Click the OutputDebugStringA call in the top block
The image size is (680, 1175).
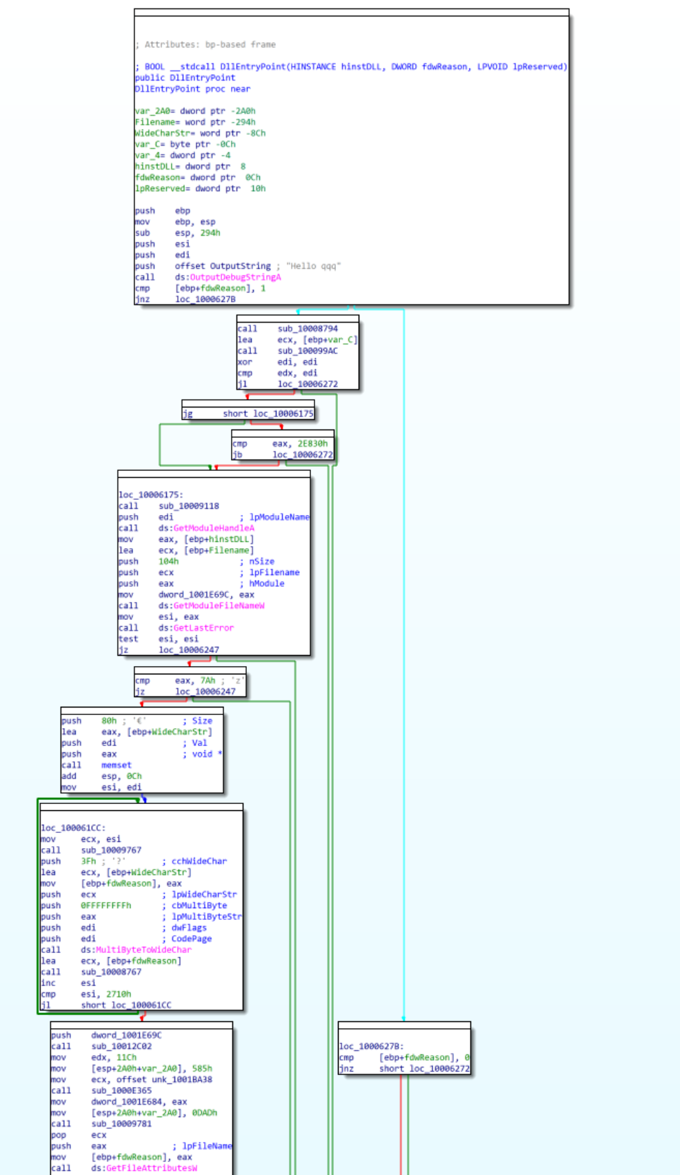pos(235,277)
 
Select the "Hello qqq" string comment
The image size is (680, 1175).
pos(313,266)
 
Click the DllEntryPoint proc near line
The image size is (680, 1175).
pos(192,89)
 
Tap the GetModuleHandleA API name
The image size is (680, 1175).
pos(213,528)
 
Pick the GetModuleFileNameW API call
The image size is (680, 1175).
pos(219,605)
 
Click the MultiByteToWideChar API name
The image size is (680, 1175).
pos(143,950)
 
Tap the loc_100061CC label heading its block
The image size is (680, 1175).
pos(72,828)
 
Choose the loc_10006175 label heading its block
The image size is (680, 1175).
pos(150,495)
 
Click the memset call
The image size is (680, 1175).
pos(116,765)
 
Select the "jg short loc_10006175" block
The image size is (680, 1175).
pos(248,414)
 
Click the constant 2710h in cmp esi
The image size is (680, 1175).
pos(119,994)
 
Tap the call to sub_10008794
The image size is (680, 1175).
pos(308,329)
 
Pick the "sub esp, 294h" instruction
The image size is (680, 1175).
pos(198,233)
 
